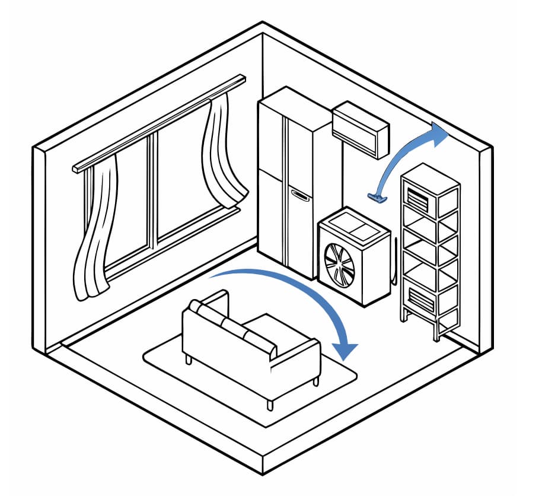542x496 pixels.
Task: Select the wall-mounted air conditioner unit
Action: (x=361, y=130)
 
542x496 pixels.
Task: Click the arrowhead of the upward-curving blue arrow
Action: (x=439, y=135)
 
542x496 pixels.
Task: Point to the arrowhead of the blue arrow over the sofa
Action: (x=346, y=351)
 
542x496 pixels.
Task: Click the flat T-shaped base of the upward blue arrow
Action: (x=377, y=198)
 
